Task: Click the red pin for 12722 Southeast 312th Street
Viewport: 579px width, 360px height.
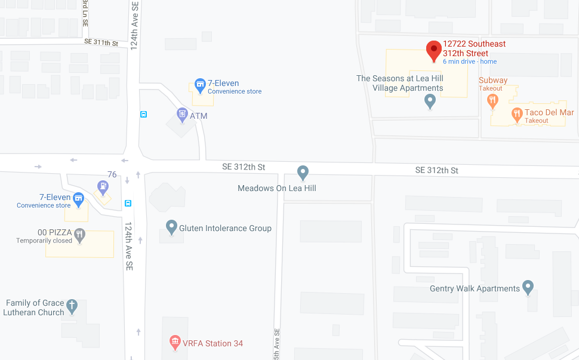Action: pos(434,50)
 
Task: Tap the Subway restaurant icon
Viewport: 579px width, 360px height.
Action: pos(492,100)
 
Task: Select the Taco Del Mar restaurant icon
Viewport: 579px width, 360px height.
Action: pos(517,113)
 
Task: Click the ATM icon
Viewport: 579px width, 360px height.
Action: pos(183,113)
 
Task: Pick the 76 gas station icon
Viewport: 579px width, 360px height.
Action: pos(103,186)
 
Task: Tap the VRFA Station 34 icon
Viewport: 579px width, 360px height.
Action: pos(175,342)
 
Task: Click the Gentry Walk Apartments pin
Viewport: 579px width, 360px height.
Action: pos(528,287)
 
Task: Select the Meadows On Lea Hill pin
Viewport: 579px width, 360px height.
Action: pos(303,172)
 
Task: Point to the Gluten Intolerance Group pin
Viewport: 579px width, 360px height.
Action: pos(171,227)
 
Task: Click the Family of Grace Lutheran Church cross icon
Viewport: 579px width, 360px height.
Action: pos(72,306)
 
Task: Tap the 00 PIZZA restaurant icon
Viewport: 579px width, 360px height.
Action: pos(79,235)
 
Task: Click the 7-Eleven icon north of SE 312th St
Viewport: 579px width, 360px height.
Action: pos(200,85)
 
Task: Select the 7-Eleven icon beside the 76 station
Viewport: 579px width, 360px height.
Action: pos(78,198)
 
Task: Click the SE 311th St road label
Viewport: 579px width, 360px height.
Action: pos(101,43)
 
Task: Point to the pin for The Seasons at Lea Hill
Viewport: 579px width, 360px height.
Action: pos(430,101)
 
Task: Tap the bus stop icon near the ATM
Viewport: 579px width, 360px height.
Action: pos(143,114)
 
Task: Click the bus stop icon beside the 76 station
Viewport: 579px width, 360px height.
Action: pos(128,203)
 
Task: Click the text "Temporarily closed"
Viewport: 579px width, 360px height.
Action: pos(44,241)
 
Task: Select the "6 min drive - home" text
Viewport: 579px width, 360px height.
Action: pos(469,61)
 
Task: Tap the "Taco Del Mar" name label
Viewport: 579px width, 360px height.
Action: pos(549,112)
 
